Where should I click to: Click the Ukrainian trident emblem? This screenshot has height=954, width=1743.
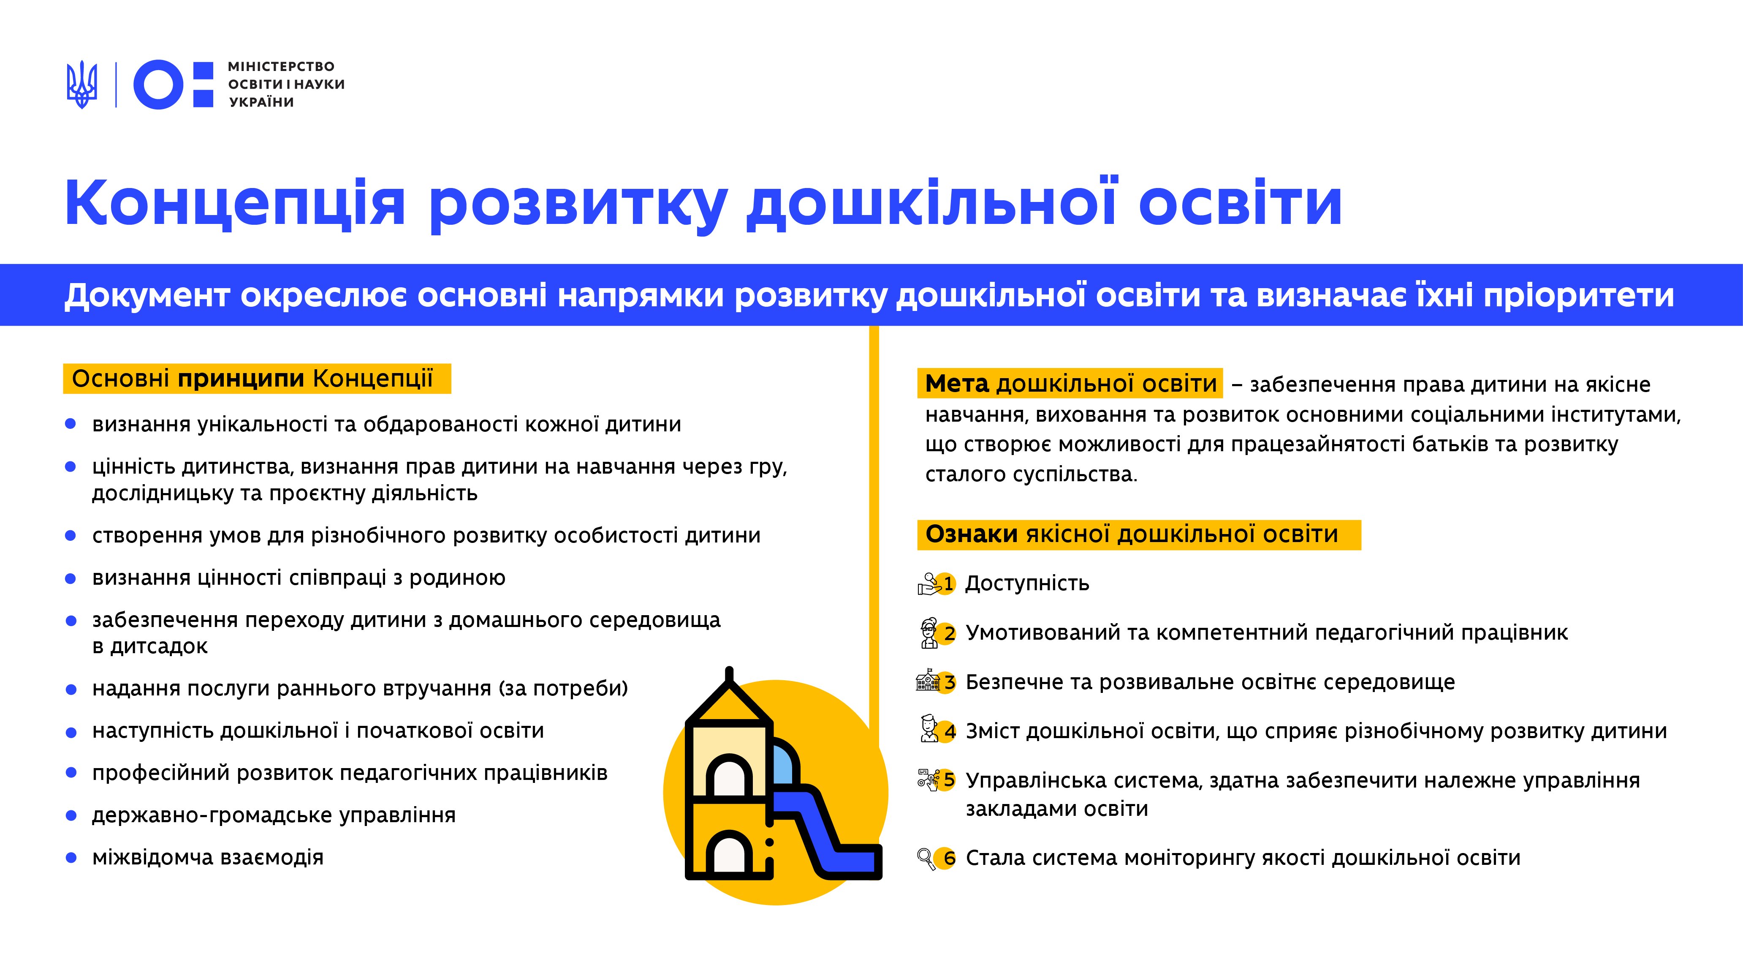(82, 84)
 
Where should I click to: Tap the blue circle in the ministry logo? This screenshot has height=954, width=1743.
(158, 84)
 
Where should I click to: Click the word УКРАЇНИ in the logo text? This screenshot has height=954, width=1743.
(261, 102)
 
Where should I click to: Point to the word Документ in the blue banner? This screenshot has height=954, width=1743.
(147, 295)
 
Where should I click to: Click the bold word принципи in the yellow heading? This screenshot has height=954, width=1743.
(241, 379)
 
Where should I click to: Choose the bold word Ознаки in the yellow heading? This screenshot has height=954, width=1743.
(971, 534)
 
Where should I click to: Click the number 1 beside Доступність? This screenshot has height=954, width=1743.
(948, 583)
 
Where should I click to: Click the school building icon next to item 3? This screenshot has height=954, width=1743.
(928, 681)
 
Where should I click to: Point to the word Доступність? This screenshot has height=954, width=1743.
(1027, 583)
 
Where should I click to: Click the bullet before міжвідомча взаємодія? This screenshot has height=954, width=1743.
(71, 858)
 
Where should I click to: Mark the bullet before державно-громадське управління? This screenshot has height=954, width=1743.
(71, 815)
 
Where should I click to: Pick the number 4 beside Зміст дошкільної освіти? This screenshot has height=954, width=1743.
(949, 732)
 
